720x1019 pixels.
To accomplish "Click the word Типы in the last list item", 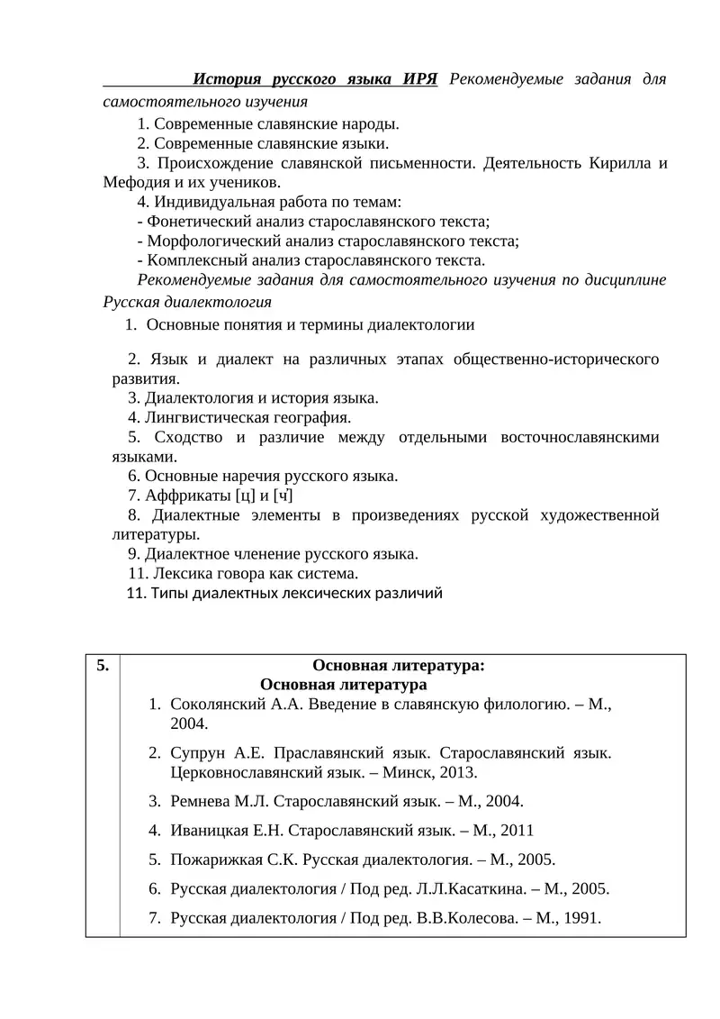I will (167, 593).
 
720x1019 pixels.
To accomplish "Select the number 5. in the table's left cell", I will (102, 666).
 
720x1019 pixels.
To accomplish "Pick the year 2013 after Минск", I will (459, 772).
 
